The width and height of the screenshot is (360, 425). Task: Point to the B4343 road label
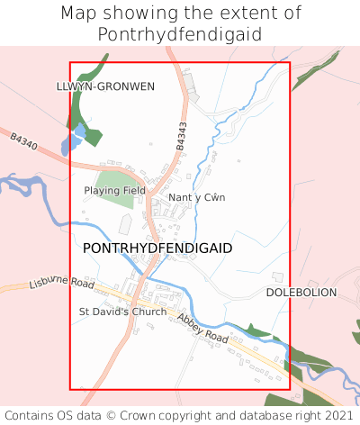(182, 135)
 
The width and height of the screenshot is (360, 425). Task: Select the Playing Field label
(114, 191)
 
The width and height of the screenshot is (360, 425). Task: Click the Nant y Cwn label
(196, 197)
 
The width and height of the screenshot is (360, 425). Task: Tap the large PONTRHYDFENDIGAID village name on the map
(157, 248)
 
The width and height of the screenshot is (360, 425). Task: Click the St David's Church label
(122, 312)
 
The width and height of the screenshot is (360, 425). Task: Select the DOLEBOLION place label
(301, 294)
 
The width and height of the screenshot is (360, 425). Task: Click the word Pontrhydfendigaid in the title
(180, 34)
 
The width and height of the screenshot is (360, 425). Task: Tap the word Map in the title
(79, 14)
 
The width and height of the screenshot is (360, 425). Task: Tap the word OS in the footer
(72, 416)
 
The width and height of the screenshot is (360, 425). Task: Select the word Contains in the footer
(33, 416)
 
